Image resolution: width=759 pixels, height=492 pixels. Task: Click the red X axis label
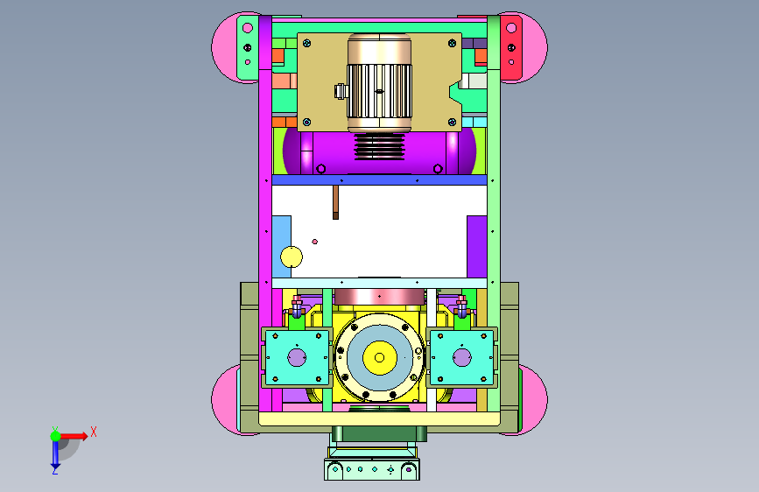[x=94, y=432]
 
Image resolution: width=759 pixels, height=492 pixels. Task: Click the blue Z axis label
[x=54, y=470]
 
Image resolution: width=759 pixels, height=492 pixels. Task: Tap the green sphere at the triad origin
[x=56, y=436]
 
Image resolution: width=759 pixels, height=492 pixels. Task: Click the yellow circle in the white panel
[x=292, y=257]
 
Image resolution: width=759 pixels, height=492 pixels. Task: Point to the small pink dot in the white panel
[x=314, y=242]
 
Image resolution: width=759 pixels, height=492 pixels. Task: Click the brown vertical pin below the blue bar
[x=335, y=202]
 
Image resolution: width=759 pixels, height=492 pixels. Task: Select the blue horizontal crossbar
[x=380, y=180]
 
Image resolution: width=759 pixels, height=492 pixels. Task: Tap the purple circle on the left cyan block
[x=297, y=358]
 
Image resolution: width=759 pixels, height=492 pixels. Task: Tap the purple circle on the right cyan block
[x=461, y=358]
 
